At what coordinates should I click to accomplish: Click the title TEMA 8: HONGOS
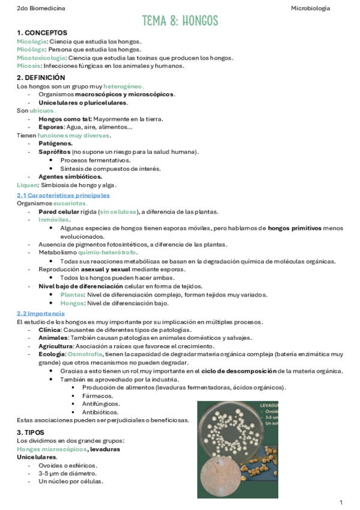point(180,21)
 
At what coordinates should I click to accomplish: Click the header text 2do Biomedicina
point(41,8)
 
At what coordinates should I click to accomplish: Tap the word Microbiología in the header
point(311,8)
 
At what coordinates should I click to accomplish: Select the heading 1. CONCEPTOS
point(42,32)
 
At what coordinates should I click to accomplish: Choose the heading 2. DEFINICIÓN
point(41,78)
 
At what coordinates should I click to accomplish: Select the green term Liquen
point(28,185)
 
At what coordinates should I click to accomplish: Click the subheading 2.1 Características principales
point(63,195)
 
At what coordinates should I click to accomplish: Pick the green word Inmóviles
point(54,220)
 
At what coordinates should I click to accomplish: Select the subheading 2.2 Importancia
point(40,314)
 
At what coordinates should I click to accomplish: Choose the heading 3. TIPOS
point(31,432)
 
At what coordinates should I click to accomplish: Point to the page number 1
point(341,502)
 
